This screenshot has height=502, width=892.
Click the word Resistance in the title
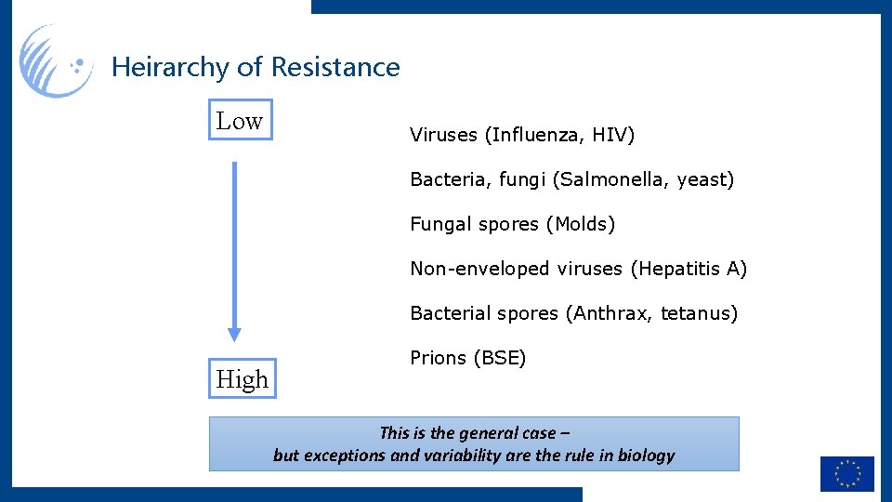click(x=335, y=68)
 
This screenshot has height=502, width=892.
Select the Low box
click(x=240, y=120)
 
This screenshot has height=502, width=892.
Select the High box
click(x=242, y=378)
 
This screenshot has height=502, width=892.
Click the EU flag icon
click(x=846, y=473)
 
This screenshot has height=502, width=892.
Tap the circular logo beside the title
click(x=56, y=62)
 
